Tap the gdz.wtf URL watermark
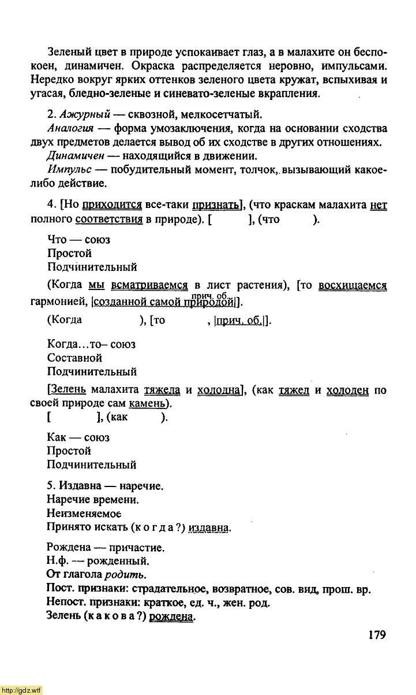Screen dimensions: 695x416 point(21,690)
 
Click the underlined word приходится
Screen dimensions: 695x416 point(113,205)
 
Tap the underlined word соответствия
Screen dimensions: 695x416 point(109,219)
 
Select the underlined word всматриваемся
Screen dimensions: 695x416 point(149,285)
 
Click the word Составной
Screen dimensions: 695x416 point(74,358)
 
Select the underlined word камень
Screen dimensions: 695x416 point(147,404)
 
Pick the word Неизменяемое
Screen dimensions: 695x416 point(84,513)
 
